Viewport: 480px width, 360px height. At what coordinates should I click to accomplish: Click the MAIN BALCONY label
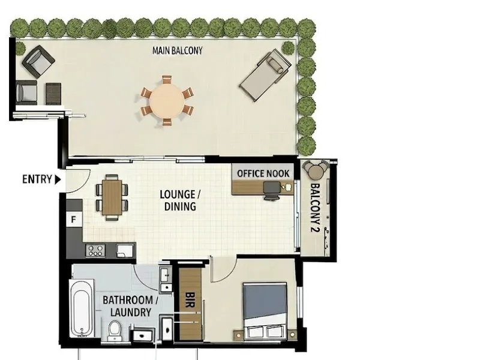point(178,50)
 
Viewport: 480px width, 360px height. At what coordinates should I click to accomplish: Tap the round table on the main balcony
point(167,101)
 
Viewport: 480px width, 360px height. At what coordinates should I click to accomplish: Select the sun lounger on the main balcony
point(265,75)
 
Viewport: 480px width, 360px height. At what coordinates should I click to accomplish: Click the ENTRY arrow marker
point(58,179)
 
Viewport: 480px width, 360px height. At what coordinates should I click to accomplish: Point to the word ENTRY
point(37,179)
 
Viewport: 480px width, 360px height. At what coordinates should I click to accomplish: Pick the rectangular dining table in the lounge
point(112,197)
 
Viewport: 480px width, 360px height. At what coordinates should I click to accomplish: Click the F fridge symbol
point(74,220)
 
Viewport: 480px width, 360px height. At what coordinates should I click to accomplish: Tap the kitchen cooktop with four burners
point(95,250)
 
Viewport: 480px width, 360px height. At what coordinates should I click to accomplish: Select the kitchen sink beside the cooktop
point(125,250)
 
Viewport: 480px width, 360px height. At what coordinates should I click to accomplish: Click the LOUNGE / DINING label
point(180,200)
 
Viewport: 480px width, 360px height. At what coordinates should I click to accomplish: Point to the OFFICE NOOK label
point(263,173)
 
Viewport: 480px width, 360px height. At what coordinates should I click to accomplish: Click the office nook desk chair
point(272,190)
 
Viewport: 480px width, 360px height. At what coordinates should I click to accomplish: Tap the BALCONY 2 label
point(316,208)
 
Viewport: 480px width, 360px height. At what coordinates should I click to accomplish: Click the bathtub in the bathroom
point(82,308)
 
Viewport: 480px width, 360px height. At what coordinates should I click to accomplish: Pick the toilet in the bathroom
point(115,330)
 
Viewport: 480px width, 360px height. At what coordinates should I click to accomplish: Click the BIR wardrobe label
point(190,299)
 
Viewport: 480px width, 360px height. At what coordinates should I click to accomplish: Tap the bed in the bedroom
point(265,311)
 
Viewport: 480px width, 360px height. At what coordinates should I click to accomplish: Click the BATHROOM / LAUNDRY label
point(130,306)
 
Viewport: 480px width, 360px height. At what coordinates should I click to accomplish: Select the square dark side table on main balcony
point(53,94)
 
